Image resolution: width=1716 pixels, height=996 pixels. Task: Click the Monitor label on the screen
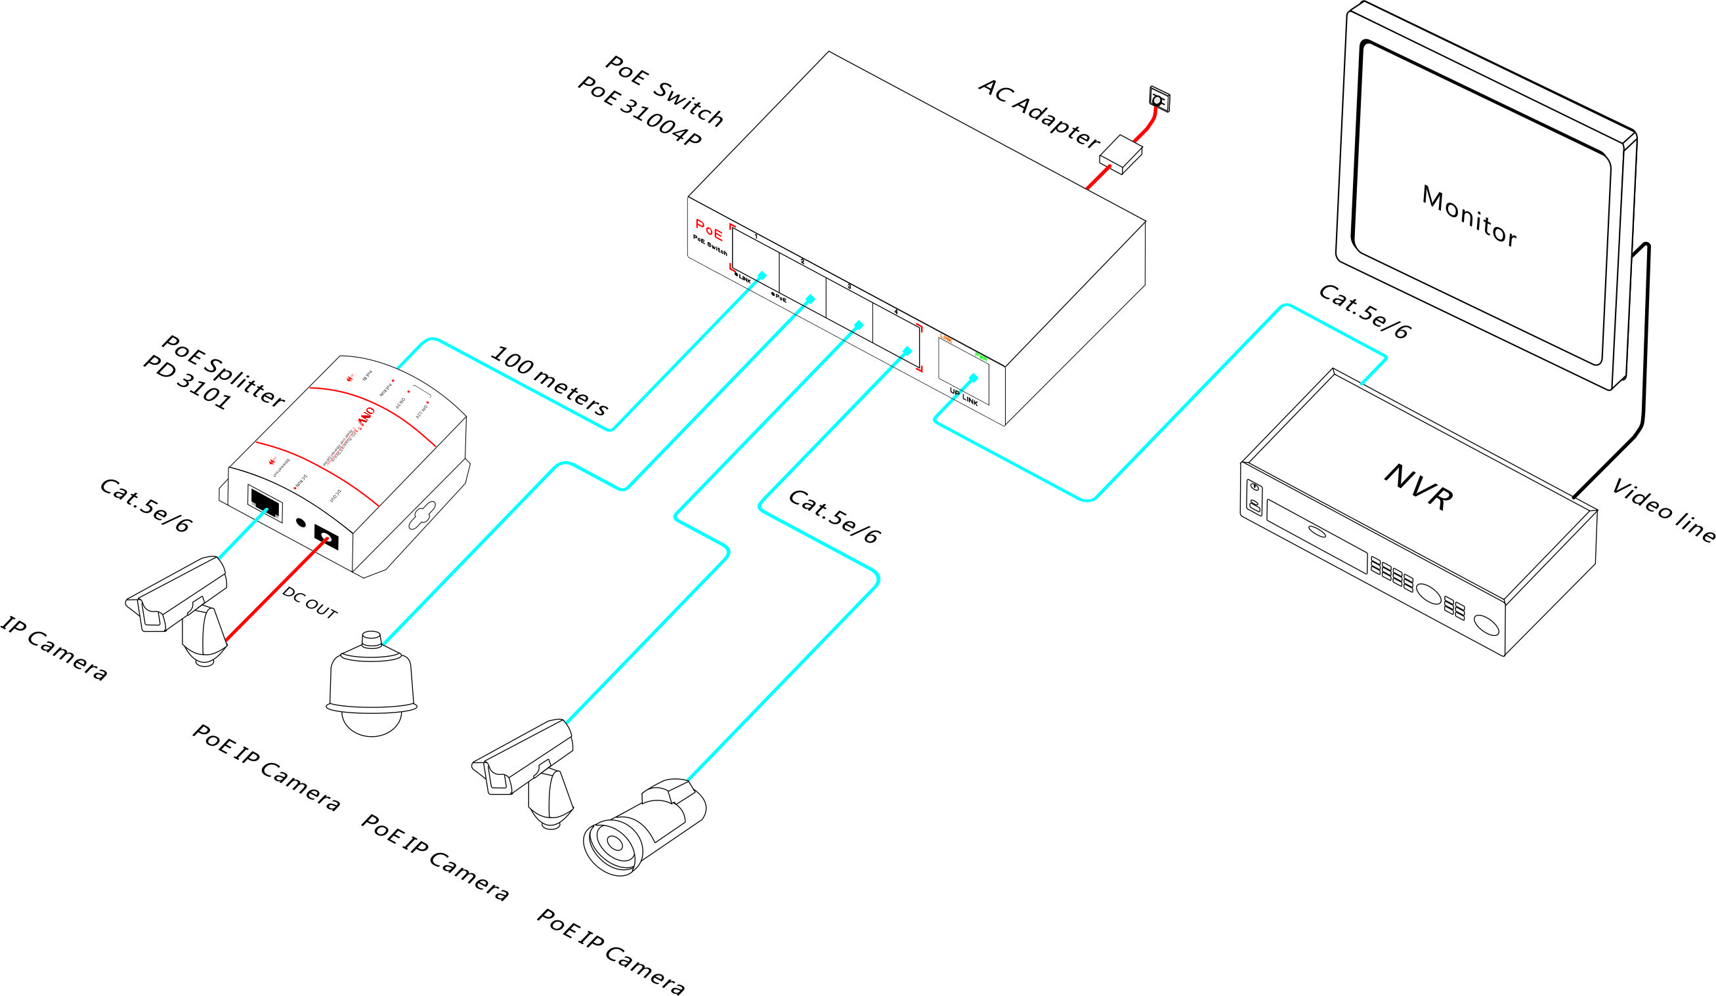1469,217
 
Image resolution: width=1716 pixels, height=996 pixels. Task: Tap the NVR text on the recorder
1419,487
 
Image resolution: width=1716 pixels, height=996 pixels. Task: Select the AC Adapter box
1120,155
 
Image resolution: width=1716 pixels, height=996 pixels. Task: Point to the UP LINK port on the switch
964,371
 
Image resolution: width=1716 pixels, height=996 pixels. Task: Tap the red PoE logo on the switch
709,230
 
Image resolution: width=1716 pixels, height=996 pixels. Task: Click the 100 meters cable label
548,382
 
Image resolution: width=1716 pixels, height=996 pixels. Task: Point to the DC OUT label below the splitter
310,603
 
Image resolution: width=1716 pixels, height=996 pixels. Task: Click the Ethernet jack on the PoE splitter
266,505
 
